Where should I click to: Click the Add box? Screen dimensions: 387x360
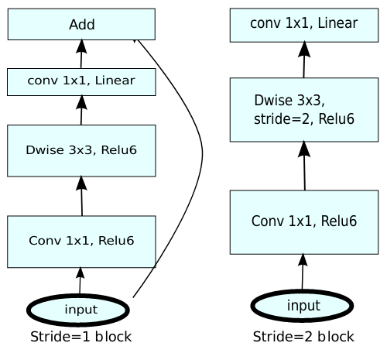(x=81, y=24)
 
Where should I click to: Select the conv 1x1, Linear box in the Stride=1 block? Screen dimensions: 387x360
(x=81, y=82)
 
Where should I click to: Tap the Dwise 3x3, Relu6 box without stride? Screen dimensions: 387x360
(x=81, y=151)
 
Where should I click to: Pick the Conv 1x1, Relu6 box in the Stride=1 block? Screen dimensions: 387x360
(x=81, y=242)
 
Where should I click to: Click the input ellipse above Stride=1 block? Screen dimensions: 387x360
(x=78, y=310)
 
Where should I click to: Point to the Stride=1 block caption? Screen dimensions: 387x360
(x=81, y=337)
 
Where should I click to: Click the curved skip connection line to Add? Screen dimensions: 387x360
(x=202, y=155)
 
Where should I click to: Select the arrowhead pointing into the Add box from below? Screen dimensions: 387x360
(x=81, y=46)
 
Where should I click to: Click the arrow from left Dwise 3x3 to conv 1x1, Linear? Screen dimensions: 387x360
(x=81, y=110)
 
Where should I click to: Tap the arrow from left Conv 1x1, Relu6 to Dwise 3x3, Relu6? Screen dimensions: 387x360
(x=82, y=196)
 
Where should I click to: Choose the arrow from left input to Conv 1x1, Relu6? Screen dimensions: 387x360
(x=80, y=281)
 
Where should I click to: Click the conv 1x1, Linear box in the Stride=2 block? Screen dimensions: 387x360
(x=304, y=26)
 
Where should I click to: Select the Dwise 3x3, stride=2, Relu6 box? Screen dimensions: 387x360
(x=304, y=110)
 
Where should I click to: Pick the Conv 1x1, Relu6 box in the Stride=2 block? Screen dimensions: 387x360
(x=304, y=222)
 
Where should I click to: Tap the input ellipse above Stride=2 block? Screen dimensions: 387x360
(x=302, y=306)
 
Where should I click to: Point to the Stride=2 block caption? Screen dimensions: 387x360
(x=303, y=337)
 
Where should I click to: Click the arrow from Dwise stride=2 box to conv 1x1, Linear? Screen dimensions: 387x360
(x=304, y=60)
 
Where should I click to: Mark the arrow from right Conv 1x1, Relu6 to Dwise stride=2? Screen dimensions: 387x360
(x=304, y=166)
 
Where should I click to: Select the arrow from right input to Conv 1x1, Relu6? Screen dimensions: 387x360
(x=303, y=272)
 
